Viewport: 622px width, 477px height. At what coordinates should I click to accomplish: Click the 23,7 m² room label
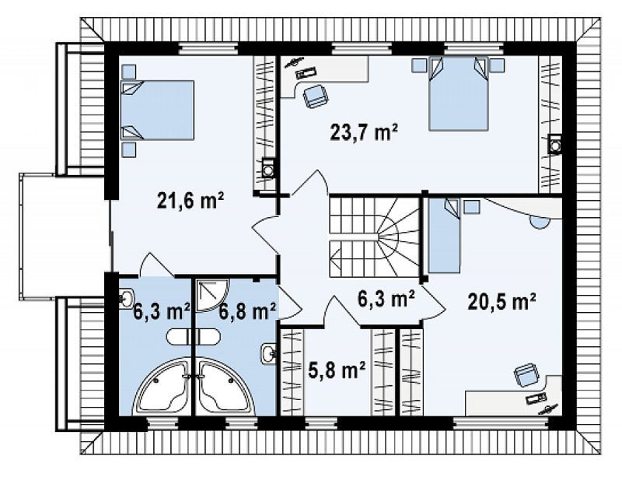[364, 132]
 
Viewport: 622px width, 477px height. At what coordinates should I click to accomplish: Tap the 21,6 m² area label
[190, 201]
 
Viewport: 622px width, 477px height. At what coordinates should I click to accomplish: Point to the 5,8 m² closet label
[337, 371]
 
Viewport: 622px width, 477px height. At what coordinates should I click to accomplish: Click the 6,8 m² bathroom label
[248, 311]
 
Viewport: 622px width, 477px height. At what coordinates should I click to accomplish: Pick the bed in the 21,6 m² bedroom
[158, 110]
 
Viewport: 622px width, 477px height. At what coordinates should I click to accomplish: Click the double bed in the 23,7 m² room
[458, 93]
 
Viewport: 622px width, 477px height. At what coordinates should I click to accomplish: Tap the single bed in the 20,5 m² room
[444, 236]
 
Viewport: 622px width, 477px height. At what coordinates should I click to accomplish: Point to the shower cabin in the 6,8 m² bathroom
[212, 295]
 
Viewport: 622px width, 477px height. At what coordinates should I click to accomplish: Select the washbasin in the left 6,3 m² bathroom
[127, 298]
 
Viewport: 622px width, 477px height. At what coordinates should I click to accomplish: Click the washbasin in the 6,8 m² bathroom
[268, 352]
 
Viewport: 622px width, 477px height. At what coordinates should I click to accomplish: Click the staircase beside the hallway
[375, 237]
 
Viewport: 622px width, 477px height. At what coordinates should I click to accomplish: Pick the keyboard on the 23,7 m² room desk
[306, 72]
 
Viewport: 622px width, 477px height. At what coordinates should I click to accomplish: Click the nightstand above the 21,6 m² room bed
[128, 72]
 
